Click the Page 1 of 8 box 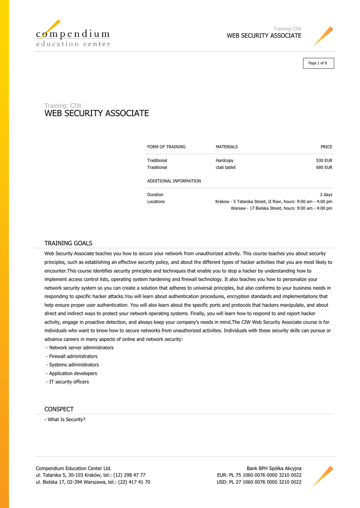coord(318,63)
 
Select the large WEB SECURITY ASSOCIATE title coord(97,114)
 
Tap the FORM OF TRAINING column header coord(166,147)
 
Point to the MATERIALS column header coord(226,147)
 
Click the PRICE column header coord(326,147)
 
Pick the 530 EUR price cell coord(324,161)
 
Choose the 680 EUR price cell coord(324,168)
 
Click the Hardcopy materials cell coord(224,161)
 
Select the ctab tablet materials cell coord(225,168)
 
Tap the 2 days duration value coord(326,195)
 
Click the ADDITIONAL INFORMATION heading coord(174,181)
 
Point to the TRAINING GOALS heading coord(69,243)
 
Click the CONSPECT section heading coord(59,409)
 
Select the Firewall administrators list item coord(72,356)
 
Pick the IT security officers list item coord(68,382)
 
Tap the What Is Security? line coord(65,420)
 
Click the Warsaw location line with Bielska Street coord(281,208)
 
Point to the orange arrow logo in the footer coord(323,476)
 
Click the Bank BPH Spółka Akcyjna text coord(274,468)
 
